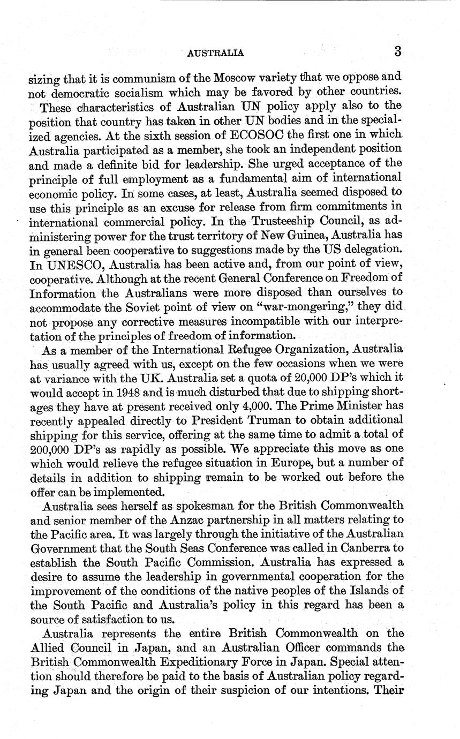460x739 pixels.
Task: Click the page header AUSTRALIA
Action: pyautogui.click(x=216, y=52)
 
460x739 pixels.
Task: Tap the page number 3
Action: pyautogui.click(x=397, y=51)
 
